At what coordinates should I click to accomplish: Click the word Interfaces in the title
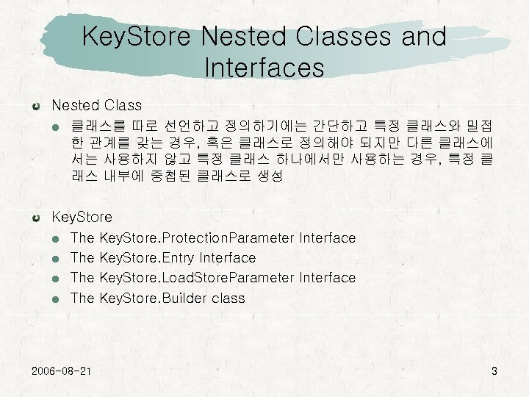tap(264, 68)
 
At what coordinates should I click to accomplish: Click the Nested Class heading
tap(96, 106)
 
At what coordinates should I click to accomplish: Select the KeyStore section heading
tap(82, 217)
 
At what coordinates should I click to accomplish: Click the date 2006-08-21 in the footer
tap(62, 370)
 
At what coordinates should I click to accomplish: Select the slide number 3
tap(494, 371)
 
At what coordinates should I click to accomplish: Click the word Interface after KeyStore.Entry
tap(228, 258)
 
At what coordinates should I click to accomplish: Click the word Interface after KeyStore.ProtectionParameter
tap(328, 238)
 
